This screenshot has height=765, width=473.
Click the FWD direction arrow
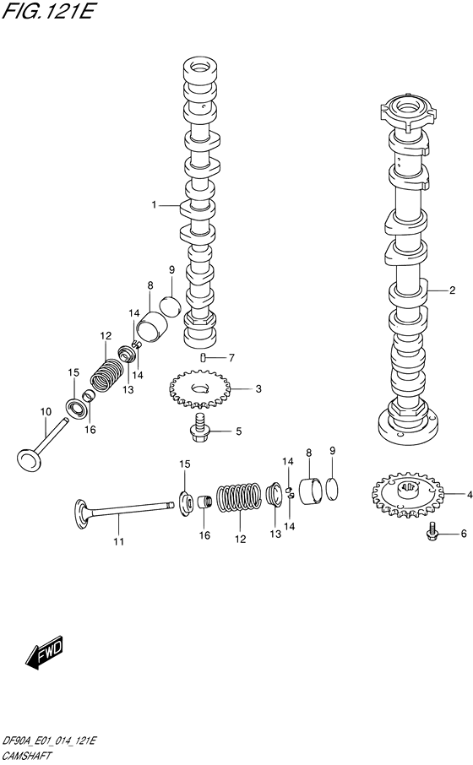[x=45, y=652]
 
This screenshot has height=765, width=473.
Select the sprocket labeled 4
[x=403, y=494]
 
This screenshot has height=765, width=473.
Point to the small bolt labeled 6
[x=432, y=533]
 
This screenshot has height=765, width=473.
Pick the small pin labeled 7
[x=202, y=359]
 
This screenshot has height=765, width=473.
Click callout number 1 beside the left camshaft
[x=155, y=205]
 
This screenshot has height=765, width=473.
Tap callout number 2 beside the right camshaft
[x=453, y=290]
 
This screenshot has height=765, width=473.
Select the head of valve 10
[x=30, y=457]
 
